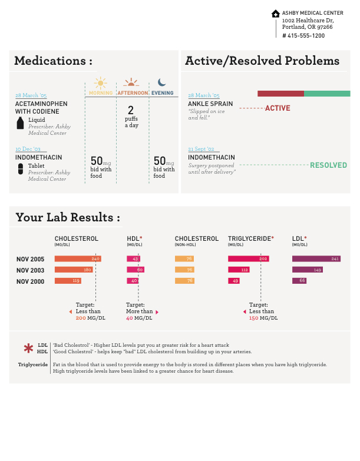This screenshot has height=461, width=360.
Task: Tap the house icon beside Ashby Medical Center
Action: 275,14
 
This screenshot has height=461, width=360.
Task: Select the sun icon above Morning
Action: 100,83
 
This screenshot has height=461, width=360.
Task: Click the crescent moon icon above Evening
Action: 162,83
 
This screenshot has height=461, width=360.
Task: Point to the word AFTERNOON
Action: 133,93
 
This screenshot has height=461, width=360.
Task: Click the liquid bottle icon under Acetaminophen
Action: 21,123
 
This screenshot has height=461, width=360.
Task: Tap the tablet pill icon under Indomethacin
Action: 21,169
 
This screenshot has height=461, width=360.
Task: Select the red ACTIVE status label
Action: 278,108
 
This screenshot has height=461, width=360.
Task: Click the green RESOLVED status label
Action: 328,165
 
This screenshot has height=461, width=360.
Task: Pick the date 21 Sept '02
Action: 201,149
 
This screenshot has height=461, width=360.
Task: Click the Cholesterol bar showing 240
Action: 77,258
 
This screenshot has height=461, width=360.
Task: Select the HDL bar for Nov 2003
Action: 135,270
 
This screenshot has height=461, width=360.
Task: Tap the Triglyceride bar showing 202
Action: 248,258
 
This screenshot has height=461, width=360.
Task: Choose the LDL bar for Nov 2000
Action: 299,281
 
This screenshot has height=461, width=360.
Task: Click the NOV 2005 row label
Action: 30,259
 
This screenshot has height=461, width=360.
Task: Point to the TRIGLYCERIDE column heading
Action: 249,238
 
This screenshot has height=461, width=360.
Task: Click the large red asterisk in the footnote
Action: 28,349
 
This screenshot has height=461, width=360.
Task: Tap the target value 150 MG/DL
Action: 263,319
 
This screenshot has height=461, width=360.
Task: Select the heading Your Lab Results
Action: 67,217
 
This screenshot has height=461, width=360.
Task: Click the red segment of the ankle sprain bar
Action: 280,94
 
